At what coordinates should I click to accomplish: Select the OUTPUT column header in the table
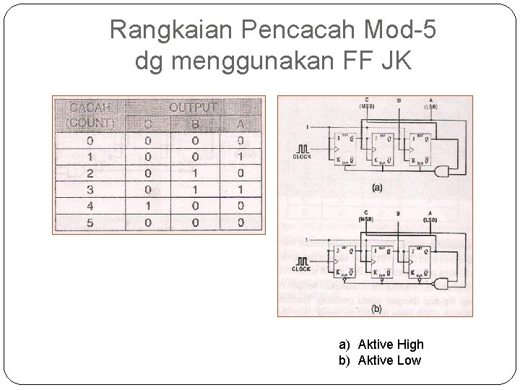pos(193,108)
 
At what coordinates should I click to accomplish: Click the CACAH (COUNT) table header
pos(90,115)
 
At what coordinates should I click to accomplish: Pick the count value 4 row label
pos(90,206)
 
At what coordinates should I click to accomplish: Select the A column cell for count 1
pos(240,157)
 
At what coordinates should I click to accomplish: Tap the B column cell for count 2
pos(194,173)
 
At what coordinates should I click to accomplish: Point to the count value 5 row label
pos(90,222)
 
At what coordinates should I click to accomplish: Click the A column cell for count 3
pos(240,189)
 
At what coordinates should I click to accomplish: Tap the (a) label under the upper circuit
pos(376,188)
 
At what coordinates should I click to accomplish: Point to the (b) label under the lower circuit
pos(376,308)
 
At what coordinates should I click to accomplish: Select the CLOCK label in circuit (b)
pos(303,269)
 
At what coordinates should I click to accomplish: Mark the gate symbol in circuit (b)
pos(443,282)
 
